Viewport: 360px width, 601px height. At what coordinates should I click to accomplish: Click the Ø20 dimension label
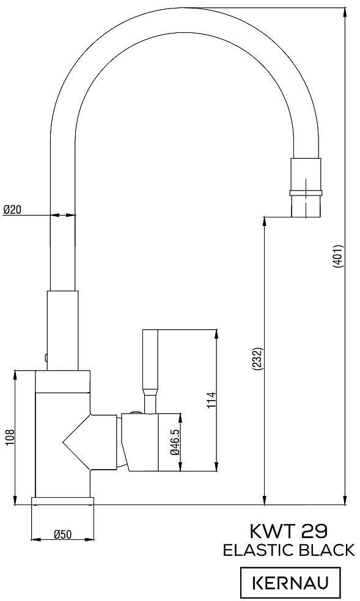(12, 209)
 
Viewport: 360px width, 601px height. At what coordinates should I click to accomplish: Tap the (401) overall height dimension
(337, 256)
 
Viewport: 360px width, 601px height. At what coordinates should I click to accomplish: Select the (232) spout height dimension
(257, 359)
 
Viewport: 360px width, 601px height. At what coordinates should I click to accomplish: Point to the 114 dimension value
(212, 400)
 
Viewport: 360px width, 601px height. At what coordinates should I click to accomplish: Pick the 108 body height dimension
(10, 437)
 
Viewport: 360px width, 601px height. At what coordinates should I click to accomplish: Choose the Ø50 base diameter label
(62, 534)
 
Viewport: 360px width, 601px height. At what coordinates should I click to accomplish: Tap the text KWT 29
(288, 531)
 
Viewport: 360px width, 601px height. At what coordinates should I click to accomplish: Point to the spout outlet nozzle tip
(306, 206)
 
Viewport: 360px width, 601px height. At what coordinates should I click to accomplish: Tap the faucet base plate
(62, 501)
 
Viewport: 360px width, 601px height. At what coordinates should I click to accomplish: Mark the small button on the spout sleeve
(46, 358)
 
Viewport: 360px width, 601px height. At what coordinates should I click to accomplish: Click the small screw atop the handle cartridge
(136, 412)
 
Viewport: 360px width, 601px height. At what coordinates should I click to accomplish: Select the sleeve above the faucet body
(62, 330)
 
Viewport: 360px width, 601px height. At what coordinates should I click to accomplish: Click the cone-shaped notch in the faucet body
(76, 442)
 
